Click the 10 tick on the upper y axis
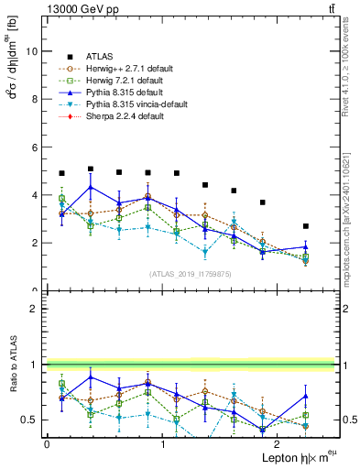[33, 51]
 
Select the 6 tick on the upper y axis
[35, 147]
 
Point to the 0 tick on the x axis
[47, 444]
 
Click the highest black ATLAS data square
[91, 169]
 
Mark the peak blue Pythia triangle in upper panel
[91, 187]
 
